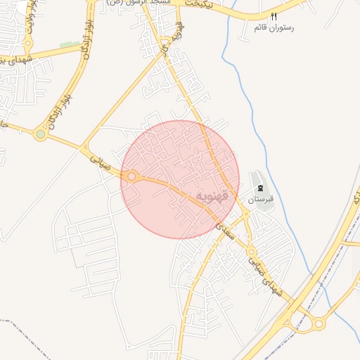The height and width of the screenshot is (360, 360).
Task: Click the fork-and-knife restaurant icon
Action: (x=274, y=16)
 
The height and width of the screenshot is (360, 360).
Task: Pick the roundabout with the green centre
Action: (x=41, y=134)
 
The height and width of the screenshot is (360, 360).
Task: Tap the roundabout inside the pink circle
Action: (x=131, y=176)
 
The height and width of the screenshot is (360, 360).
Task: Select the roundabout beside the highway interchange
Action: (x=319, y=324)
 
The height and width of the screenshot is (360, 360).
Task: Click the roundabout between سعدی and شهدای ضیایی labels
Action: (x=250, y=252)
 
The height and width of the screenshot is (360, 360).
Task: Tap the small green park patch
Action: (x=70, y=45)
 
